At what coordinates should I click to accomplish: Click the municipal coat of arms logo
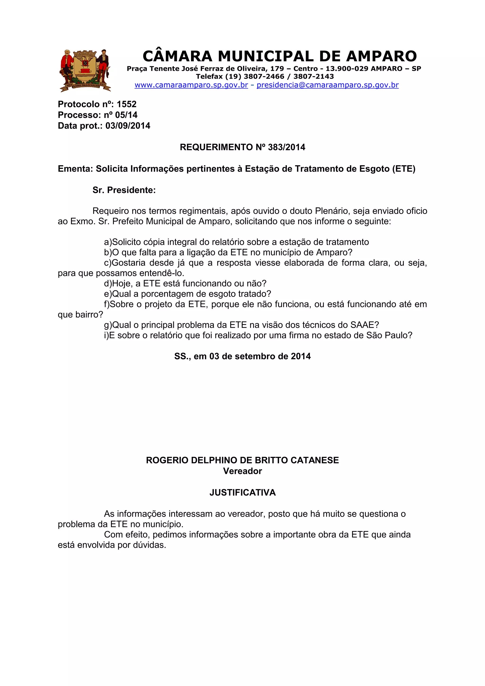pos(85,70)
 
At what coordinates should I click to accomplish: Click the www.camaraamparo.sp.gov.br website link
pos(191,85)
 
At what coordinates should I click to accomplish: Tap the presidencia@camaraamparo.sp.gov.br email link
pos(328,85)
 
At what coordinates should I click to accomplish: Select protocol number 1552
pos(126,104)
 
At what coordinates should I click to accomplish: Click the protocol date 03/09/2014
pos(128,126)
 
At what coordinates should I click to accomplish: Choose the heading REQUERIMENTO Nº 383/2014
pos(242,147)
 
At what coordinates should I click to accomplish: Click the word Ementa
pos(75,169)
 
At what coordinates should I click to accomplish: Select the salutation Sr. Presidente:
pos(124,190)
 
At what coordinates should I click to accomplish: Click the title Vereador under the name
pos(242,471)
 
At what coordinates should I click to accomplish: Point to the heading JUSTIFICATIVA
pos(242,493)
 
